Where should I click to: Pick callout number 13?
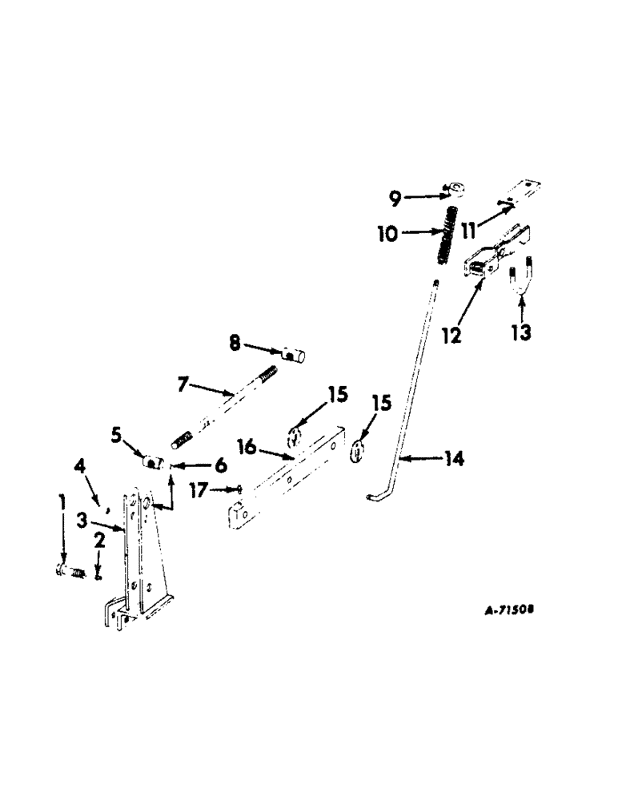click(521, 332)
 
